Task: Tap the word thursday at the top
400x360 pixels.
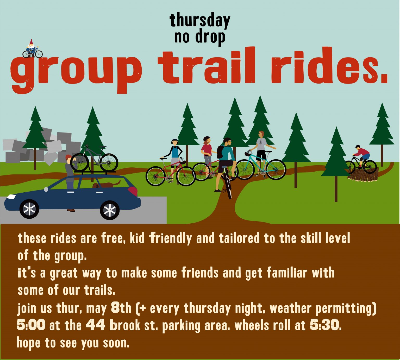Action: [200, 21]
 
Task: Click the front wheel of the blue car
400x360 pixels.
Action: [29, 209]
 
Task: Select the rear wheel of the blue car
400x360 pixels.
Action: [110, 210]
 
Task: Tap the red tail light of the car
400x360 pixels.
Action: [133, 192]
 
